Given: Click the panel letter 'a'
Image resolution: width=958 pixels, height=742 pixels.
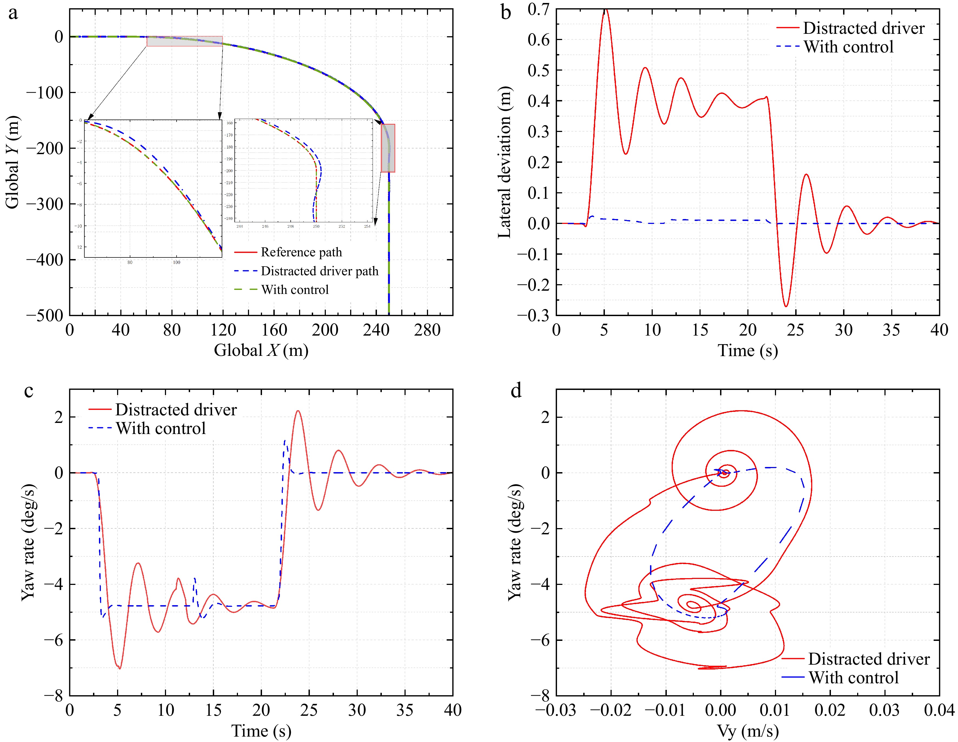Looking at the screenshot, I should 13,13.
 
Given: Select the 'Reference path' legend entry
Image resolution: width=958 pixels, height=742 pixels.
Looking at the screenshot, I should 301,252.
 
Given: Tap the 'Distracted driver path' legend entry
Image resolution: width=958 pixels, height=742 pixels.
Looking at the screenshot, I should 319,271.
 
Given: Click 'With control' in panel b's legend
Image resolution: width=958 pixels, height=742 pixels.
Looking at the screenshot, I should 848,47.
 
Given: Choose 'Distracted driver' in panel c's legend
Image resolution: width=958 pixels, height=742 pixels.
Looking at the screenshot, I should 175,410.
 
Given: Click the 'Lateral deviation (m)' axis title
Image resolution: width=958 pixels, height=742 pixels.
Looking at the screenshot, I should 505,162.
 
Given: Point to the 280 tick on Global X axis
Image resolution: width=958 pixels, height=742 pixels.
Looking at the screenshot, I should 427,330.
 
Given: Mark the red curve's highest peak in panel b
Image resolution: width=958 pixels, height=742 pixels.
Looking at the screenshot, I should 605,10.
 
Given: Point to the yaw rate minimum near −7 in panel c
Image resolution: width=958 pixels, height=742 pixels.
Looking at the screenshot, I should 119,668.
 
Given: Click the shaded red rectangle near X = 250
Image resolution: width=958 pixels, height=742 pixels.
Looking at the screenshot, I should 388,148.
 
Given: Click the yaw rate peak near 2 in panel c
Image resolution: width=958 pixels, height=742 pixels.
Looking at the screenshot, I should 298,411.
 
